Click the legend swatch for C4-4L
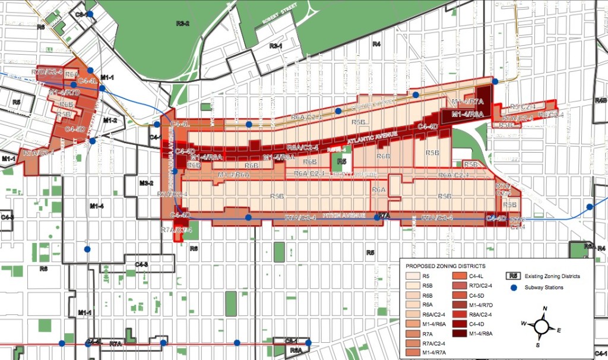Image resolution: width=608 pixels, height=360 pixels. (460, 276)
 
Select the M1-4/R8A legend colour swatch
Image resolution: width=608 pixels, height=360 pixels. (460, 333)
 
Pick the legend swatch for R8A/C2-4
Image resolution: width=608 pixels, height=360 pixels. (460, 314)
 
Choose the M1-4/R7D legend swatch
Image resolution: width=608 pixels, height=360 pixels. (460, 305)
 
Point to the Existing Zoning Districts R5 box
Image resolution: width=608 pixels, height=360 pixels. (515, 276)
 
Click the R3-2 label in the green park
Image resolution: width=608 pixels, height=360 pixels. (183, 23)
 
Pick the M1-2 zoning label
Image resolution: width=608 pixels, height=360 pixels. (110, 120)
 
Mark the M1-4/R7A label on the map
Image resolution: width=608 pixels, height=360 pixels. (468, 102)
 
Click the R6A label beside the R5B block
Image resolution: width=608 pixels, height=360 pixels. (379, 189)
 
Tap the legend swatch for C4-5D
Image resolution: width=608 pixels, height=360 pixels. (460, 295)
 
